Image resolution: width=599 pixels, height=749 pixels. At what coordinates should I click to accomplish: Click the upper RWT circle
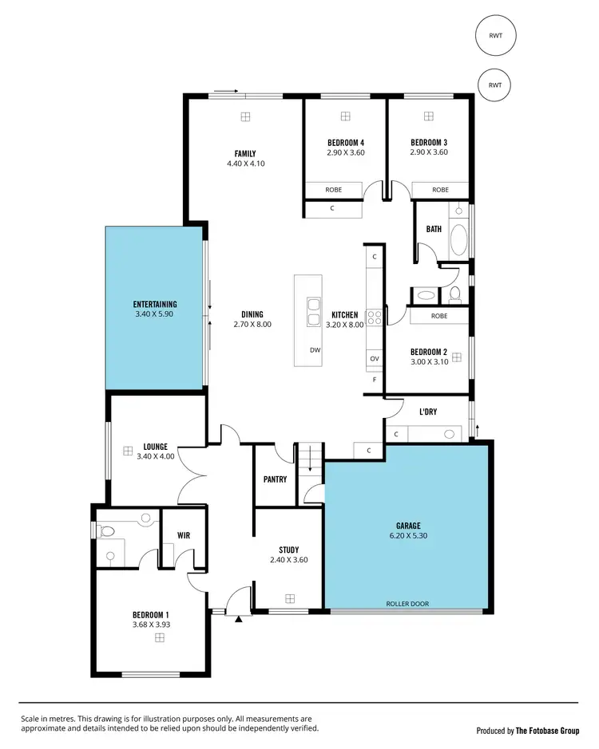[x=495, y=35]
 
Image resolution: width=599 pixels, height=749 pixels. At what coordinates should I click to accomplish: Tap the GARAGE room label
[x=407, y=526]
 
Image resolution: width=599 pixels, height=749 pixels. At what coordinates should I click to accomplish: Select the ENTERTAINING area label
[x=154, y=304]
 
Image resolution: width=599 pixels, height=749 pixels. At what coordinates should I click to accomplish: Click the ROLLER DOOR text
[x=407, y=604]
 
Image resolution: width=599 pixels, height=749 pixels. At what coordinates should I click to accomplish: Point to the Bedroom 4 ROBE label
[x=333, y=190]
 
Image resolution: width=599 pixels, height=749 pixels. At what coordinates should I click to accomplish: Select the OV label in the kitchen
[x=374, y=359]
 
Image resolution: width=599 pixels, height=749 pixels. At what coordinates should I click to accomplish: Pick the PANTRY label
[x=275, y=479]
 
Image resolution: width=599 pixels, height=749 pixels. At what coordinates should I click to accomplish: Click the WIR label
[x=184, y=535]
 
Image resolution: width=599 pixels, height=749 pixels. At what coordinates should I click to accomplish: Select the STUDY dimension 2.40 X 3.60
[x=288, y=560]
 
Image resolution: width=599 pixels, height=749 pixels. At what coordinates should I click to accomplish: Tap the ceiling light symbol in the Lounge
[x=127, y=451]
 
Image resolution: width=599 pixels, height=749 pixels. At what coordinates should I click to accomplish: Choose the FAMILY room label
[x=244, y=153]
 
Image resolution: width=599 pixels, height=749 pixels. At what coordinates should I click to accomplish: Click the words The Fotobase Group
[x=546, y=731]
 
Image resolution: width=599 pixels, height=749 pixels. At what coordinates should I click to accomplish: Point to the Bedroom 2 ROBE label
[x=438, y=316]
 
